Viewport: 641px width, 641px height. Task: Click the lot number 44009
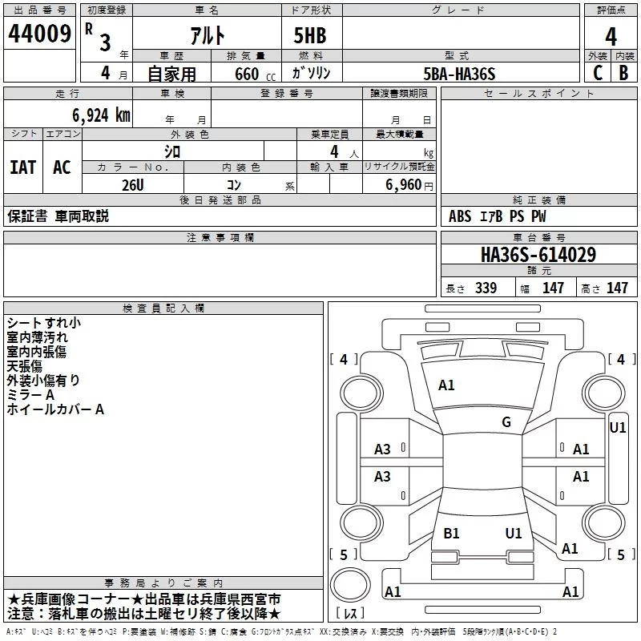(39, 34)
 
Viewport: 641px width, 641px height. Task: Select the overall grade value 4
(611, 37)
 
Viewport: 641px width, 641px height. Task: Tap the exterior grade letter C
(598, 73)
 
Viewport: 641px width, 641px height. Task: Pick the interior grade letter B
(623, 73)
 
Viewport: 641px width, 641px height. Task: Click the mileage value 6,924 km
(102, 115)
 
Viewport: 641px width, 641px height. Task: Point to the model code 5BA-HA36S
(459, 74)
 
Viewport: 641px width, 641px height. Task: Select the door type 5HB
(310, 35)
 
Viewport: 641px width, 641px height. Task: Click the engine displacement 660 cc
(255, 75)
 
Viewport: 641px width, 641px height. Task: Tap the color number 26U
(133, 185)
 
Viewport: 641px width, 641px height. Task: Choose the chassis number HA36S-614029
(538, 255)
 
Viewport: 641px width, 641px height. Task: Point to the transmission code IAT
(23, 167)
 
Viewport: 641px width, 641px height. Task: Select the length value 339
(486, 288)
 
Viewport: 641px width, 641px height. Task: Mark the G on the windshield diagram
(506, 422)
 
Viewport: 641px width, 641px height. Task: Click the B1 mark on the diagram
(451, 533)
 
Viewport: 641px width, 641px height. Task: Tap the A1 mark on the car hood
(446, 385)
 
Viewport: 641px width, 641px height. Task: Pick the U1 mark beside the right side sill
(617, 428)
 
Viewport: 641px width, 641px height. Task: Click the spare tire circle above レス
(350, 585)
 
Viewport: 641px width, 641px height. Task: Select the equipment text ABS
(460, 216)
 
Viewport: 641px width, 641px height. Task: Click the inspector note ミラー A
(30, 395)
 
